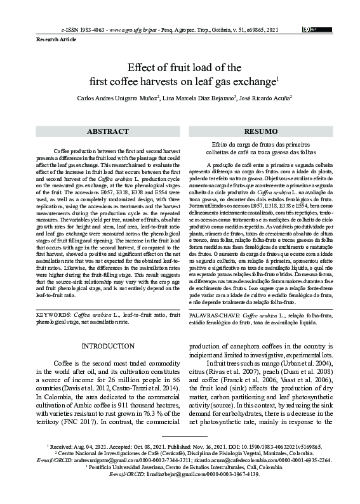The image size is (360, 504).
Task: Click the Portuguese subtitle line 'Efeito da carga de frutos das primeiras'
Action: (260, 145)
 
